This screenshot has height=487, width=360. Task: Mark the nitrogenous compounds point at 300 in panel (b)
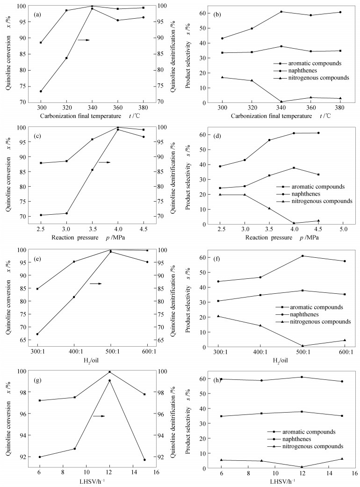coord(222,77)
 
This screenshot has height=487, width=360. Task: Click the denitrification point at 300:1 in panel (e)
coord(37,334)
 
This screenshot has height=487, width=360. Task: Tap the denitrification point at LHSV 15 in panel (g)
coord(144,460)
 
